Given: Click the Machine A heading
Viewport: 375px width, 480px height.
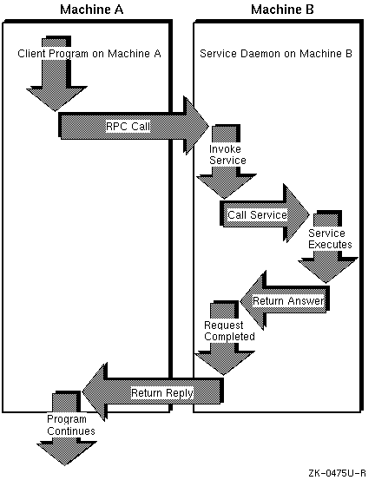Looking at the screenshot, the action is click(92, 10).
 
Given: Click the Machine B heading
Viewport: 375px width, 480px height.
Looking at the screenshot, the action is click(282, 10).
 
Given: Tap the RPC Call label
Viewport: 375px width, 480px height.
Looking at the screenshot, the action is click(128, 126).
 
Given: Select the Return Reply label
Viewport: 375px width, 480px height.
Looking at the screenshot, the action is click(162, 392).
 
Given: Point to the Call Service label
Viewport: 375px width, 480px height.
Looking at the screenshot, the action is click(257, 215).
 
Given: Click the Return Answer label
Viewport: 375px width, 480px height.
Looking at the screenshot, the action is click(288, 301).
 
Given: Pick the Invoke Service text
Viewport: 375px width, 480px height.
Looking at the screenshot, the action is click(227, 155).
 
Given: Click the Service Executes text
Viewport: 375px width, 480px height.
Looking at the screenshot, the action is click(330, 239).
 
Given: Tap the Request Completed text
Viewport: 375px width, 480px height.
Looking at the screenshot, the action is click(229, 331).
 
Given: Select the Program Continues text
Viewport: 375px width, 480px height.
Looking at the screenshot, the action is click(71, 425).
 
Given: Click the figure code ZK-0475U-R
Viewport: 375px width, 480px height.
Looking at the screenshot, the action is click(337, 473).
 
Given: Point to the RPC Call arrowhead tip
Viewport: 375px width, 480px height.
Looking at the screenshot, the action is click(209, 126).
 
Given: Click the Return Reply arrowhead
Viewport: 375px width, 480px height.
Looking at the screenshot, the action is click(95, 391).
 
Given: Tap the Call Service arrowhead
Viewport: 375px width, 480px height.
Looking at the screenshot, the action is click(296, 214).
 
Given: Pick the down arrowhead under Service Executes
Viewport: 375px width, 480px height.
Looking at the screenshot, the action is click(327, 270).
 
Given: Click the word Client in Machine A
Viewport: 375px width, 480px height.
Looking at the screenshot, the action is click(32, 54).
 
